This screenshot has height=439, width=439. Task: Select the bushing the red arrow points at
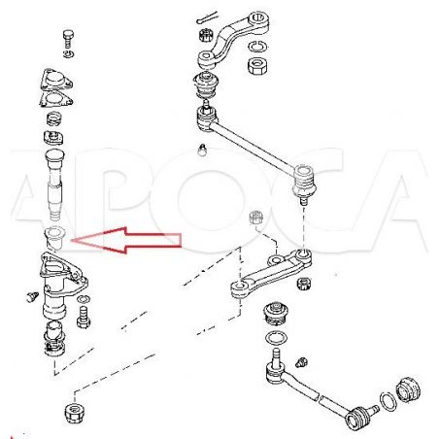coord(54,238)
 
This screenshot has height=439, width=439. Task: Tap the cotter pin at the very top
coord(207,17)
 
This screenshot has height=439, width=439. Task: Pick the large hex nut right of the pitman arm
coord(257,65)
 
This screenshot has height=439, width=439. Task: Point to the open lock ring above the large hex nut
coord(258,47)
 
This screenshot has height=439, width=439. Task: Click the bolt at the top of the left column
coord(68,39)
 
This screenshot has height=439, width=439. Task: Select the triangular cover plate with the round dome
coord(56,80)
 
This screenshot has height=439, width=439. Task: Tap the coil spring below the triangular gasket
coord(54,118)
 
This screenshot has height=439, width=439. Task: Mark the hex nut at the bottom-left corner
coord(76,413)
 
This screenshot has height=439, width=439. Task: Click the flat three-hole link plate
coord(271,273)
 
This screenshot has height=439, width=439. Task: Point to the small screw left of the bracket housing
coord(32,296)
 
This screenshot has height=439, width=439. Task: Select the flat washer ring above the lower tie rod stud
coord(276,338)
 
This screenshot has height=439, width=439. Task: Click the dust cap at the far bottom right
coord(409,388)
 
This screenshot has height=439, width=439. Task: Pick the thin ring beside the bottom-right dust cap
coord(388,401)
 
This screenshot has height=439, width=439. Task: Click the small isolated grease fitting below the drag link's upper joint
coord(203,151)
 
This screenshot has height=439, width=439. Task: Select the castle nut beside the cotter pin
coord(205,34)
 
